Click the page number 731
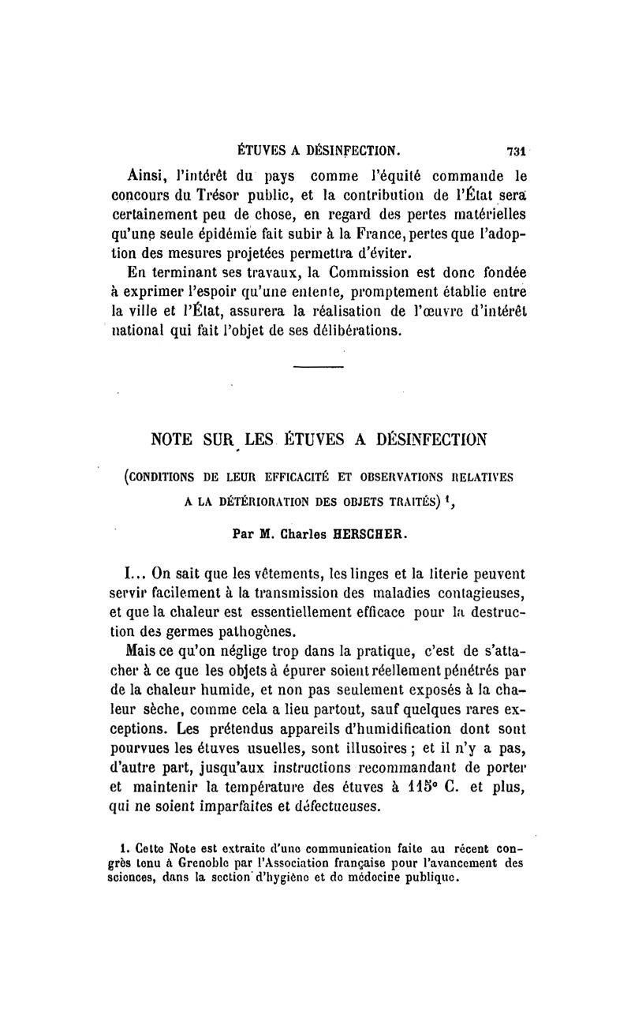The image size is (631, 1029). (x=517, y=151)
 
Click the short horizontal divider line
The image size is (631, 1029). (x=319, y=367)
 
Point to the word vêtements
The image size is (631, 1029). (x=255, y=571)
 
